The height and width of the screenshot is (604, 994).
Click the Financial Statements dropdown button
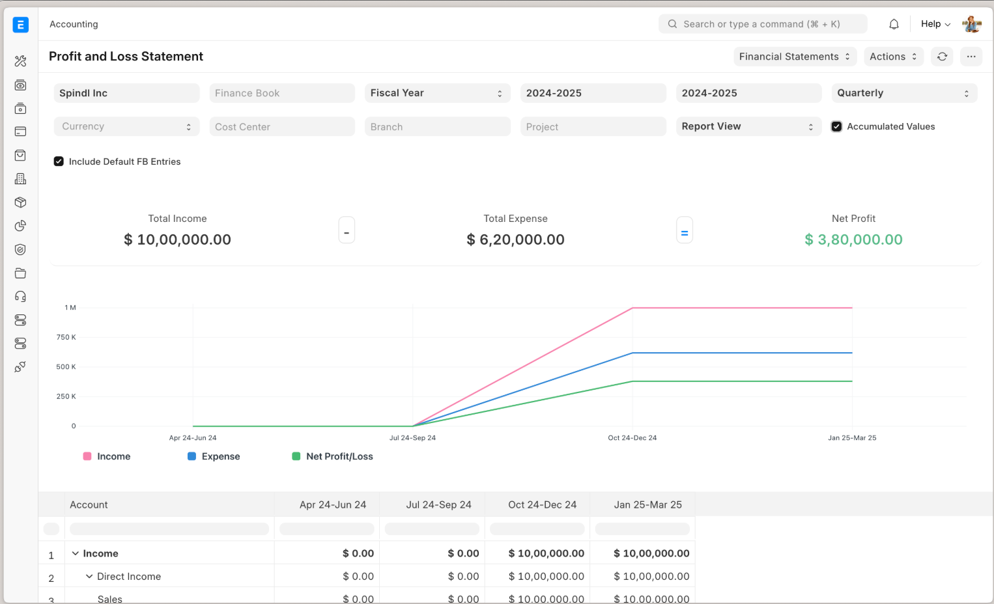pyautogui.click(x=794, y=57)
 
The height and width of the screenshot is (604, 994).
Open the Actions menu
pyautogui.click(x=893, y=57)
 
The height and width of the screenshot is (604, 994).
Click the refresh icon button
pyautogui.click(x=942, y=57)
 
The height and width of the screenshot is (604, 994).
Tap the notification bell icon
pyautogui.click(x=894, y=24)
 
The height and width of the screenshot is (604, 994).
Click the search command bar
pyautogui.click(x=762, y=24)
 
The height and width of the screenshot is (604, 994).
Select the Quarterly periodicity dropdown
pyautogui.click(x=903, y=93)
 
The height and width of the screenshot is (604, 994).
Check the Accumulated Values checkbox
pyautogui.click(x=837, y=127)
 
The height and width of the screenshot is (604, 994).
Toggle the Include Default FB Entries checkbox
pyautogui.click(x=59, y=161)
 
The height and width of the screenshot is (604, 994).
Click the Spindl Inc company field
pyautogui.click(x=126, y=93)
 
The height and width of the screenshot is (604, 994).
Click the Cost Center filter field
pyautogui.click(x=281, y=127)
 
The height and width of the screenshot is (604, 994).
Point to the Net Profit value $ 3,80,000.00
pyautogui.click(x=853, y=240)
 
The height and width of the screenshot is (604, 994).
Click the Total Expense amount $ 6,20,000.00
pyautogui.click(x=515, y=240)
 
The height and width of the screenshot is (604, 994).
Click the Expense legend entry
pyautogui.click(x=214, y=456)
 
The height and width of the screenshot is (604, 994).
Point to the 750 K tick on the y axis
pyautogui.click(x=66, y=337)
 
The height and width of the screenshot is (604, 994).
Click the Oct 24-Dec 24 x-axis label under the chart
pyautogui.click(x=632, y=438)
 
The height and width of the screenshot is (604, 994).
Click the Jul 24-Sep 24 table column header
pyautogui.click(x=438, y=505)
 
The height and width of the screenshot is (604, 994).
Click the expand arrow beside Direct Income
pyautogui.click(x=89, y=576)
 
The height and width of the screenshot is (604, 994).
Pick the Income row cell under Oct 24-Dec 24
pyautogui.click(x=546, y=553)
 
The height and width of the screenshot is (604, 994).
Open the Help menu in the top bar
pyautogui.click(x=935, y=24)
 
